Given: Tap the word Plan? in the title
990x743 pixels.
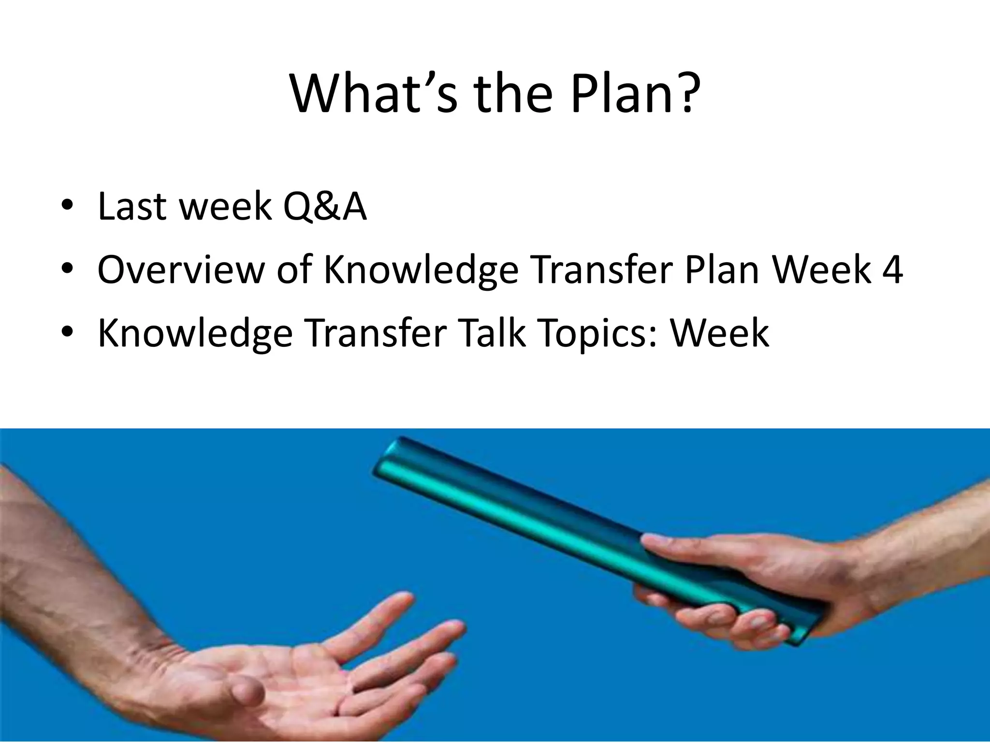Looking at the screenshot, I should pyautogui.click(x=635, y=94).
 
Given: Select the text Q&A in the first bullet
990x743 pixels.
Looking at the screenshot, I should pyautogui.click(x=325, y=207).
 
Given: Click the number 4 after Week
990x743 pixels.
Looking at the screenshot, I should pyautogui.click(x=892, y=269).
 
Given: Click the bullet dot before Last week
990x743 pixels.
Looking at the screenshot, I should pyautogui.click(x=67, y=206).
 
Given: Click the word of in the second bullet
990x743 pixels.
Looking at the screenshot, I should pyautogui.click(x=294, y=269).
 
